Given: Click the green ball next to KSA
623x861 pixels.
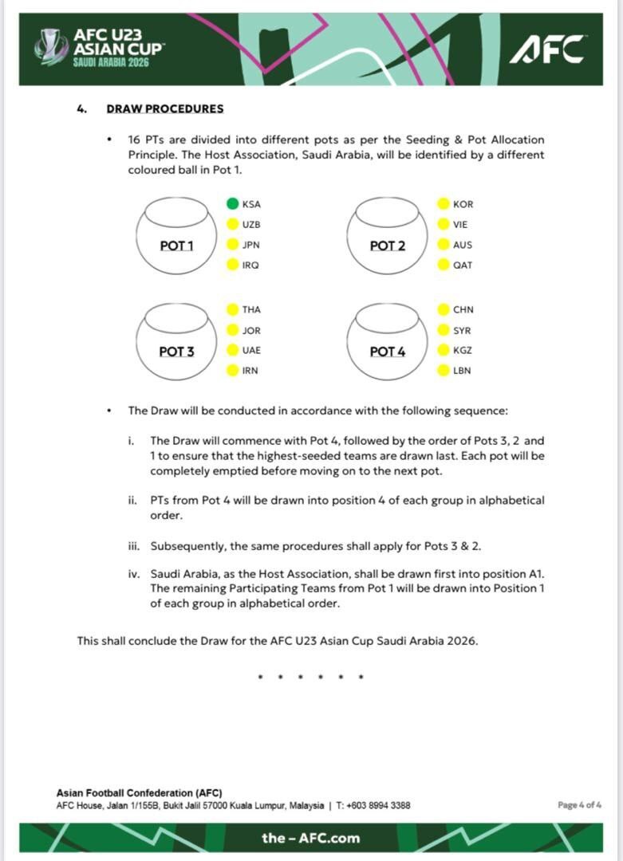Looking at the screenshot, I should [x=232, y=204].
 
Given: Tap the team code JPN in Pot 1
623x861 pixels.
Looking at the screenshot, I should [x=251, y=245].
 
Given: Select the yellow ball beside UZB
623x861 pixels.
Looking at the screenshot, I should [x=232, y=225].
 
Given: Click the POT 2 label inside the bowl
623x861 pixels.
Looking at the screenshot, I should [x=388, y=246].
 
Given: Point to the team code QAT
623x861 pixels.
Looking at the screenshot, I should [x=463, y=265].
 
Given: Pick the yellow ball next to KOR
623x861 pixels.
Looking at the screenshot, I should [x=443, y=204].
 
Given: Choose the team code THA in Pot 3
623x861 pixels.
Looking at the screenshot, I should [x=251, y=309].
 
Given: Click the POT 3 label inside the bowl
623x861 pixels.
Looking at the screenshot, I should [x=176, y=351].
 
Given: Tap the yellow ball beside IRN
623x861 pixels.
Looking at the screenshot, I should [x=232, y=371].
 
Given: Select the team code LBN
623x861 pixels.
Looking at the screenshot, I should [x=463, y=371].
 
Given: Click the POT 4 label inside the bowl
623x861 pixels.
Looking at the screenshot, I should [x=388, y=351].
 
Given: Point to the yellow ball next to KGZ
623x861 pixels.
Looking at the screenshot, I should [x=443, y=350].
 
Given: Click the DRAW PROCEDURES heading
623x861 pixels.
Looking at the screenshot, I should [x=165, y=109].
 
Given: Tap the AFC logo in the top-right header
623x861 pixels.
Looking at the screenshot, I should [x=547, y=49].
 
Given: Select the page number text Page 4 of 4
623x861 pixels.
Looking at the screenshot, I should [x=579, y=805].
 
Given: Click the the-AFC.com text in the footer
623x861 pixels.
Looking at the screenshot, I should [x=310, y=838].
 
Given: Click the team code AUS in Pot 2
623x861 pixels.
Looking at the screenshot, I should [x=463, y=245].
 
